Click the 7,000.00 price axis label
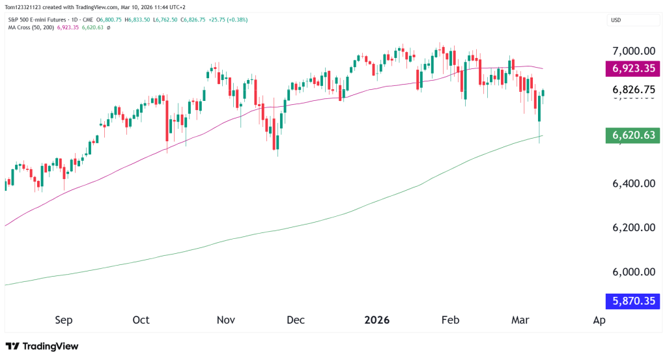point(633,51)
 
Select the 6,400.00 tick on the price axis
point(633,184)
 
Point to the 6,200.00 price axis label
point(633,228)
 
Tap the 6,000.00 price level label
point(633,272)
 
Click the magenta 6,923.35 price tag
point(633,68)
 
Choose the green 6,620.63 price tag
point(633,135)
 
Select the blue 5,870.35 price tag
point(633,301)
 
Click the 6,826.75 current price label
point(633,89)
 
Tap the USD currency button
point(615,20)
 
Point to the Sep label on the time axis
point(64,320)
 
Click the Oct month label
point(141,320)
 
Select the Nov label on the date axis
point(225,320)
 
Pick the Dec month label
point(296,320)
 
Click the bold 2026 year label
point(376,320)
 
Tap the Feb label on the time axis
point(450,320)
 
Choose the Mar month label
point(520,320)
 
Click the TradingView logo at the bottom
point(42,346)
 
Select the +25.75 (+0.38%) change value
point(228,20)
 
